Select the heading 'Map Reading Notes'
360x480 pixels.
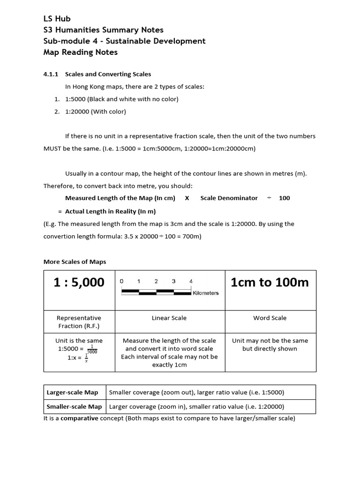[x=80, y=52]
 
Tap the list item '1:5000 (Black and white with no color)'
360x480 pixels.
[x=122, y=99]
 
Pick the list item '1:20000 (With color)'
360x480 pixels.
[x=96, y=112]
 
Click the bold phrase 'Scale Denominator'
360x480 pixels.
[x=229, y=198]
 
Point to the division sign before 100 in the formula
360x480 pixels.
[x=269, y=198]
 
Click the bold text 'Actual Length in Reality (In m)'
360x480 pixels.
[x=110, y=211]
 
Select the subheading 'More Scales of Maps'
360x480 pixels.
[x=75, y=262]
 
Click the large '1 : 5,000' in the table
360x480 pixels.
[x=79, y=282]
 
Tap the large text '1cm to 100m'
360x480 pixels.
[x=270, y=282]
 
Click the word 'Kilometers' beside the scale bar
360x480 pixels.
[x=206, y=293]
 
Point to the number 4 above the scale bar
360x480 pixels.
[x=191, y=281]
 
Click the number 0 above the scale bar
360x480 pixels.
[x=122, y=281]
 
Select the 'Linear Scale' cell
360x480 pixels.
[x=169, y=318]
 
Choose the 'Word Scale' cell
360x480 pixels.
[x=270, y=318]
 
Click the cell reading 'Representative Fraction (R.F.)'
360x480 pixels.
[x=79, y=322]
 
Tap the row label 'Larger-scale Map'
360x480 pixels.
[x=73, y=392]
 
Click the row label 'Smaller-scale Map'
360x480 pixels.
[x=74, y=406]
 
